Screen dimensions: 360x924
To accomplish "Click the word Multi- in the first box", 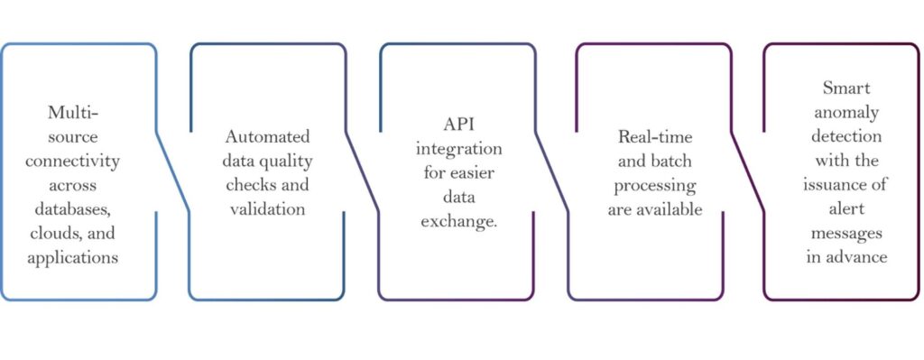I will click(73, 115).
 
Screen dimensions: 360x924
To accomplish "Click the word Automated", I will click(267, 138).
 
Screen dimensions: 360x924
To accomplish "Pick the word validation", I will click(267, 208).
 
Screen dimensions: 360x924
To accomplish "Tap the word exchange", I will click(459, 218).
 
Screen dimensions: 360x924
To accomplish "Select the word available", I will click(669, 208).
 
